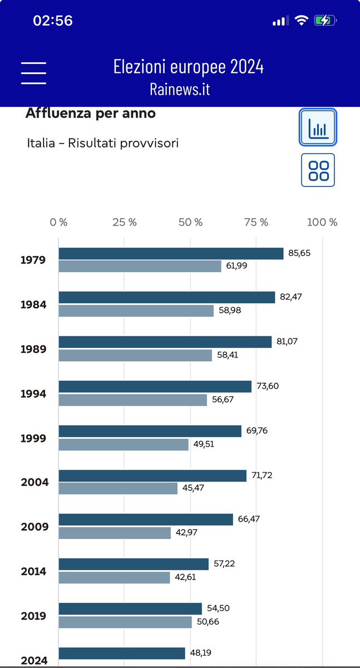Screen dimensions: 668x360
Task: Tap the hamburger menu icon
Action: point(33,72)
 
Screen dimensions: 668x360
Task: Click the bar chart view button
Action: point(318,127)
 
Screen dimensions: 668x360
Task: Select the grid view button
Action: point(318,170)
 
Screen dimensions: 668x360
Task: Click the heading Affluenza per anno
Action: point(91,114)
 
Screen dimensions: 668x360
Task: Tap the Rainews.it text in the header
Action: point(180,89)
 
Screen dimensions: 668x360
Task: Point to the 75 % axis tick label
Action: point(256,222)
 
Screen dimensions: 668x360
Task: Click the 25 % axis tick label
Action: point(125,222)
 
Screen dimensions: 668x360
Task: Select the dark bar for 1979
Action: point(171,253)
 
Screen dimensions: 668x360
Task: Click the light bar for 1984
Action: point(136,311)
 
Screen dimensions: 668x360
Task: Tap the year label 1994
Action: point(33,394)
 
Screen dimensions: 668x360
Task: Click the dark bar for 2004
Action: point(152,475)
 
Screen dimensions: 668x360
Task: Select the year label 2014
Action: point(33,571)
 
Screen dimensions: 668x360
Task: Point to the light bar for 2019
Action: point(125,622)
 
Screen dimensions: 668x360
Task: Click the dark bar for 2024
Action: point(122,653)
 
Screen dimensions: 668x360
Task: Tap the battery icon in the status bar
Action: point(326,21)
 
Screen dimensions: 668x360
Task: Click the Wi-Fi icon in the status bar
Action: point(302,21)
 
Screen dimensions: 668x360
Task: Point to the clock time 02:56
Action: point(53,21)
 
